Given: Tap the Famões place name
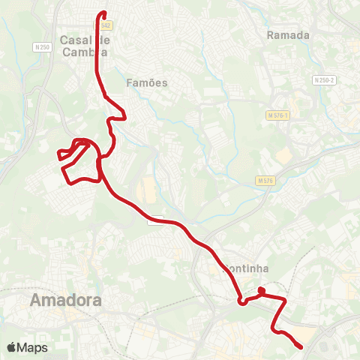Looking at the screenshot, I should tap(147, 82).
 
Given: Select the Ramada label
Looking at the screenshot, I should tap(289, 34).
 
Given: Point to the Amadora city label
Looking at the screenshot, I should tap(66, 301).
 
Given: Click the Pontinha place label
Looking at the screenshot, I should tap(247, 268).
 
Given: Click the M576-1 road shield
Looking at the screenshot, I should tap(277, 115).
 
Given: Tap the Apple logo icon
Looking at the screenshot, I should tap(13, 347).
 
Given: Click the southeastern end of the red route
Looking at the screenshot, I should tap(301, 346).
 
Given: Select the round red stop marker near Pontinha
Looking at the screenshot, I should tap(261, 290).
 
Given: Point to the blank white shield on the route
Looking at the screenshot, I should tap(155, 220).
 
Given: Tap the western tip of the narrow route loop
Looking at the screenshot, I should tap(58, 155).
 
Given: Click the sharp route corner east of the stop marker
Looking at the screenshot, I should tap(285, 300).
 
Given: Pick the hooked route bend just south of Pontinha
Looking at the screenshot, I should tap(241, 302).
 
